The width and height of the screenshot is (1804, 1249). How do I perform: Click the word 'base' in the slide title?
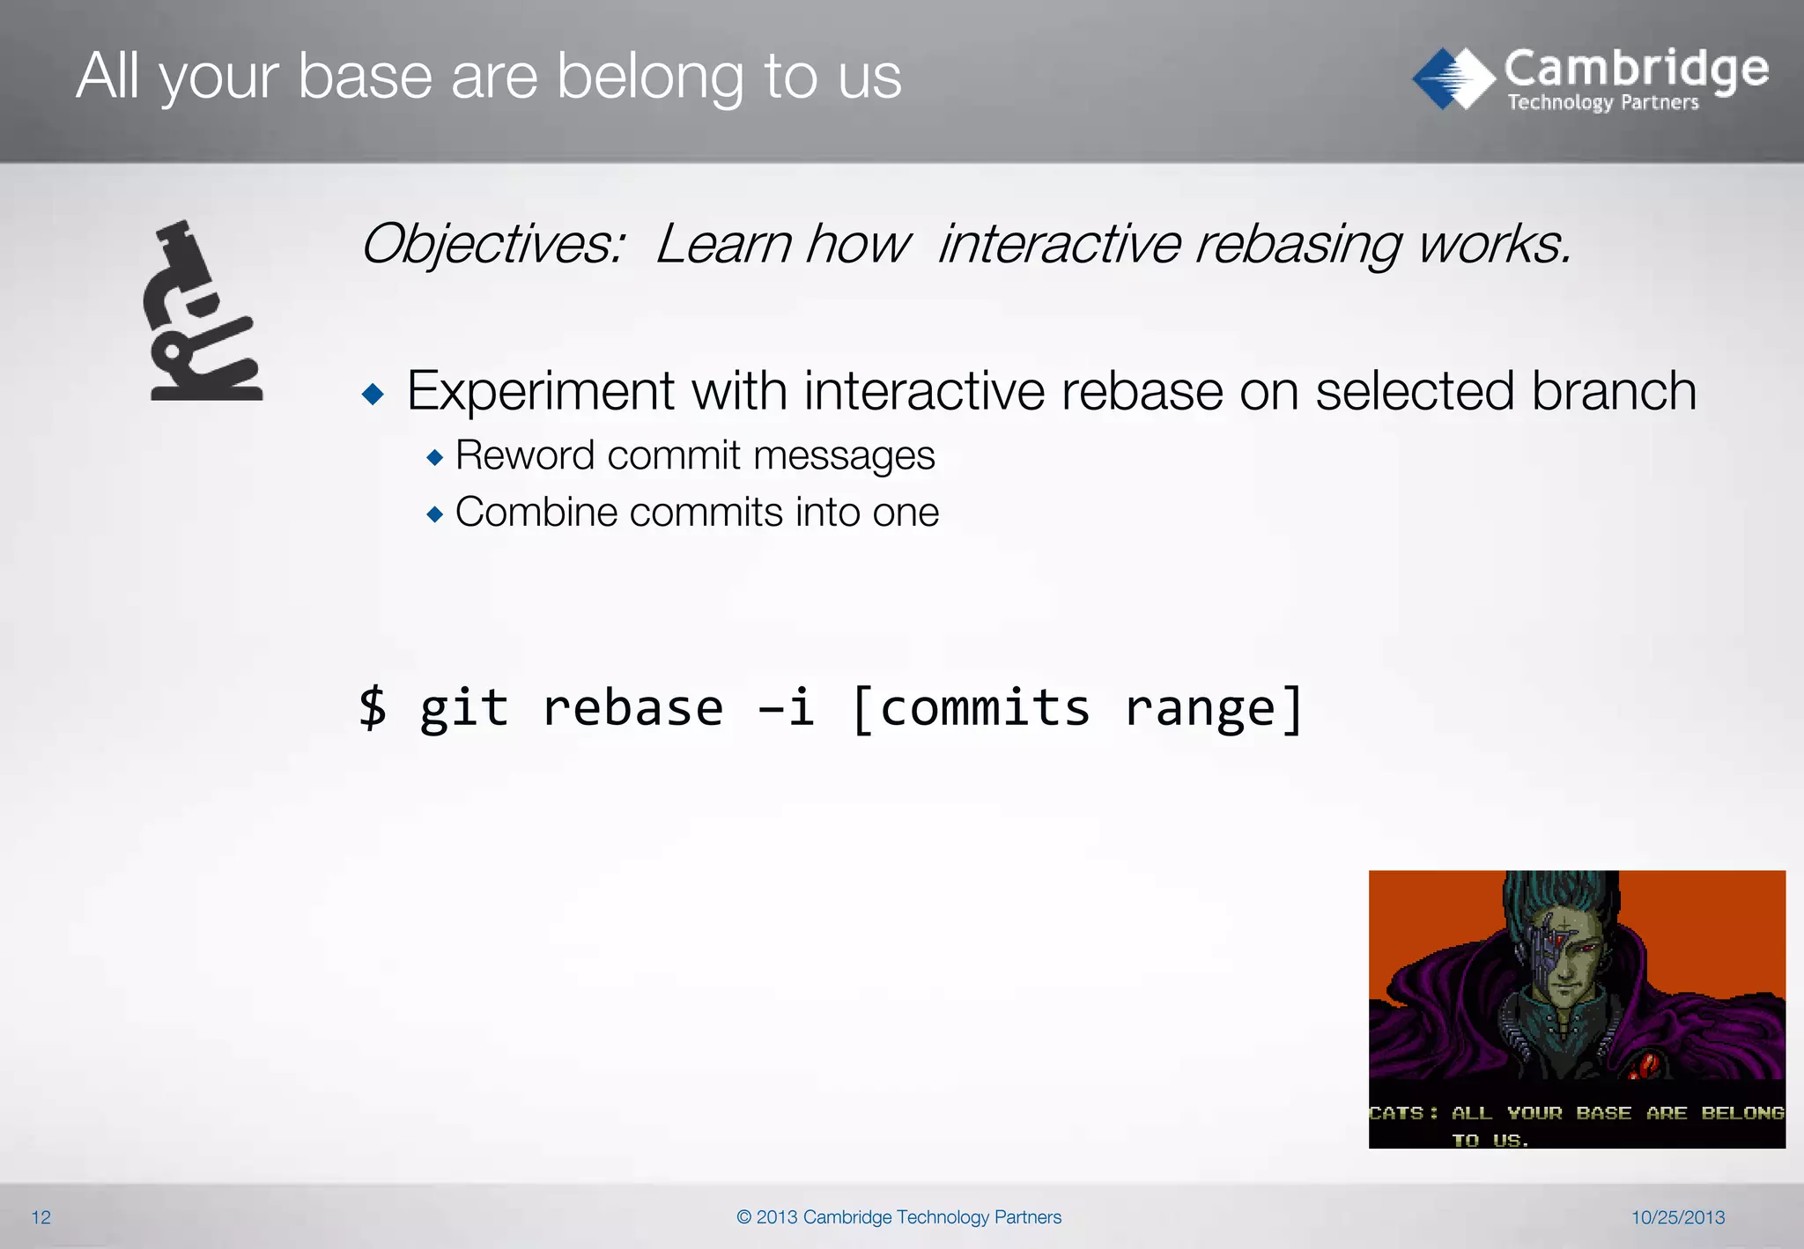(x=365, y=77)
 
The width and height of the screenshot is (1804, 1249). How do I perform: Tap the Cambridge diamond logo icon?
(x=1453, y=78)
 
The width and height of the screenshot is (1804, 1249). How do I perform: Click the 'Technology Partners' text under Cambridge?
(x=1602, y=103)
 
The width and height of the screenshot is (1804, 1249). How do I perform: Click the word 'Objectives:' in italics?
(x=493, y=244)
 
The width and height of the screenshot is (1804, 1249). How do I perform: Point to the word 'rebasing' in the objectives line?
(x=1298, y=244)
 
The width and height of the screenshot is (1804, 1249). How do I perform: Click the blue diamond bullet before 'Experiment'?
(x=373, y=394)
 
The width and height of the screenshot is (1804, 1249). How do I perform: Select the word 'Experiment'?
(x=540, y=391)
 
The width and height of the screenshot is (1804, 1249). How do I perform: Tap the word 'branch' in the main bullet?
(x=1613, y=391)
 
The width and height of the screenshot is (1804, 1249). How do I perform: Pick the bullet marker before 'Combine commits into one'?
(x=434, y=514)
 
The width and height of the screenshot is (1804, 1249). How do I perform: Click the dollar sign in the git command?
(x=373, y=707)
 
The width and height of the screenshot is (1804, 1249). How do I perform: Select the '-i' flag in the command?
(x=786, y=707)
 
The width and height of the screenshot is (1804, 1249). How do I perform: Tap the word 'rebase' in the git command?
(x=632, y=707)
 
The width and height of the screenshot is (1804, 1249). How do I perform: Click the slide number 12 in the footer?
(x=41, y=1217)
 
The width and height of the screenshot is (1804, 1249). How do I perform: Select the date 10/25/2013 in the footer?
(x=1677, y=1217)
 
